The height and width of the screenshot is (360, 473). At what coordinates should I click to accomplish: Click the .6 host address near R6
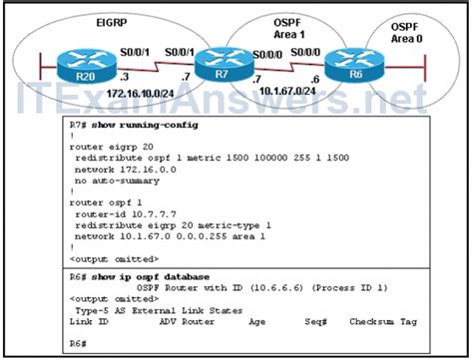click(x=315, y=79)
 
